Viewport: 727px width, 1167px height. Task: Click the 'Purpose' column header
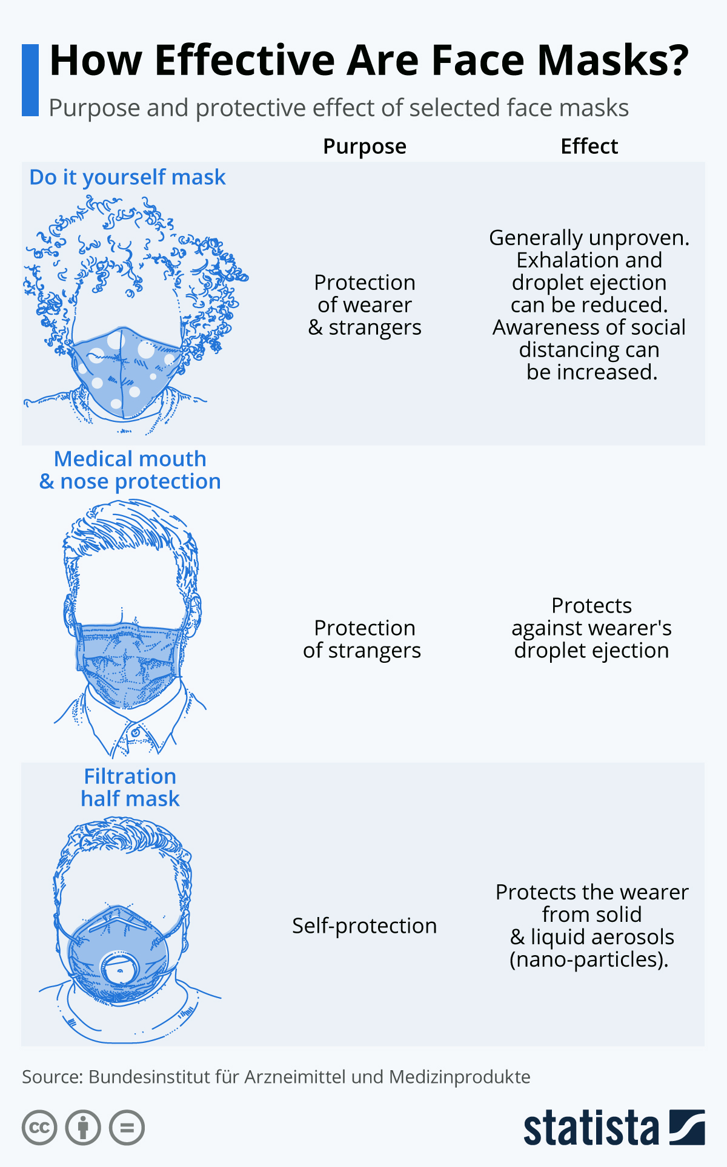365,147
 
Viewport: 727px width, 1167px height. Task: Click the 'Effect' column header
589,146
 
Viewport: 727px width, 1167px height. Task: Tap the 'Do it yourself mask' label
127,177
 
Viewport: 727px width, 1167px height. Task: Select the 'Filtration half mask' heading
130,787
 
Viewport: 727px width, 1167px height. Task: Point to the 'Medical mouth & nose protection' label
130,470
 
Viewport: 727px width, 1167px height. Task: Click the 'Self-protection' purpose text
364,926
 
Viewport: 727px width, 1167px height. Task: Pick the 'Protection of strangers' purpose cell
362,639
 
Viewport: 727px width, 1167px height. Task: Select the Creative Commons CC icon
39,1128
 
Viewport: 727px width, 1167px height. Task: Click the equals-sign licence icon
127,1128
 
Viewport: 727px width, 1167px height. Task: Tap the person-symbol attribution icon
83,1128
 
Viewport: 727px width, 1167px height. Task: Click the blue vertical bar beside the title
30,80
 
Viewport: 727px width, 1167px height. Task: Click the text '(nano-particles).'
589,959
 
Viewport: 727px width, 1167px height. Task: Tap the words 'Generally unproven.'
589,238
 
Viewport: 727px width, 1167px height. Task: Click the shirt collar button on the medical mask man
135,733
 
